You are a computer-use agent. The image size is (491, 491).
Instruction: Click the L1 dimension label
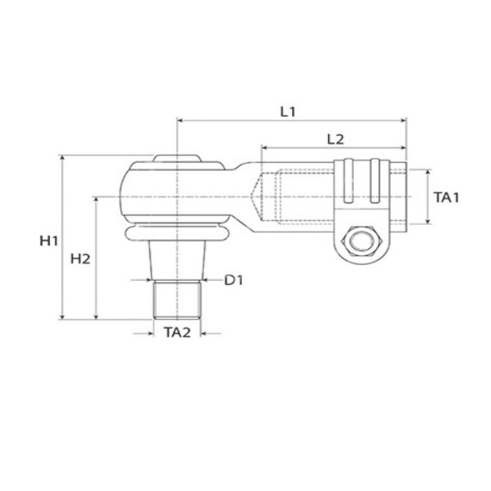[287, 112]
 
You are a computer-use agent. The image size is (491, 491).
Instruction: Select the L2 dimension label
[336, 139]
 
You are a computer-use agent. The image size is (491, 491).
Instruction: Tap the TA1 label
[446, 197]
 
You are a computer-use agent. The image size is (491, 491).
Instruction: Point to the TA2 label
[178, 332]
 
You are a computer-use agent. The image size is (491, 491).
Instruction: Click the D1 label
[233, 280]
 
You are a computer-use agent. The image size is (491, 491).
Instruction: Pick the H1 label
[48, 241]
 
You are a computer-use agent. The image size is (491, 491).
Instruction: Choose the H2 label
[80, 259]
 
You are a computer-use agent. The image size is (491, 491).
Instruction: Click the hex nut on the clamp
[361, 241]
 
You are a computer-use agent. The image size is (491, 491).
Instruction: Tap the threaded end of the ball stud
[177, 300]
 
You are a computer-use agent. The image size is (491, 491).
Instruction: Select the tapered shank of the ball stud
[178, 260]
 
